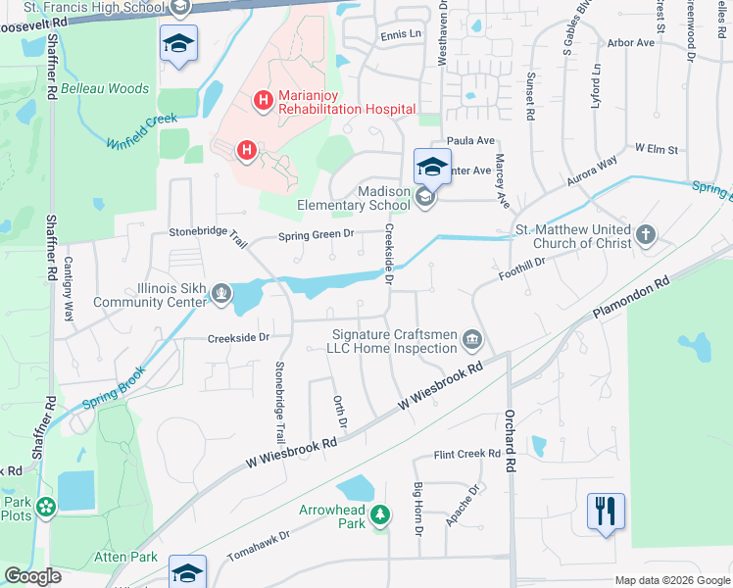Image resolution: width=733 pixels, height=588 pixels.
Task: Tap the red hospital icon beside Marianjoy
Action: click(263, 99)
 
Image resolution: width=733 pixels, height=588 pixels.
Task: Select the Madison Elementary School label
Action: click(355, 199)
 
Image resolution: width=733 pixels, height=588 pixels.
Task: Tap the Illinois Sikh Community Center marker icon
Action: click(222, 291)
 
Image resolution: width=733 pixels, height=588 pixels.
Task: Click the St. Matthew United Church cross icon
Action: click(645, 234)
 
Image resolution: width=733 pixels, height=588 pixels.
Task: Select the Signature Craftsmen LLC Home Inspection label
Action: click(394, 341)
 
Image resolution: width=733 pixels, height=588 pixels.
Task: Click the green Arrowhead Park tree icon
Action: click(381, 513)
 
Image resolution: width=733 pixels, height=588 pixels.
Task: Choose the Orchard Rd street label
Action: click(511, 427)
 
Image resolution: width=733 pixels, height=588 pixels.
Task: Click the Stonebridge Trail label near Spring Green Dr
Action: click(207, 231)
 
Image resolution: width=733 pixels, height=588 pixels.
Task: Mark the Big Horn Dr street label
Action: click(417, 509)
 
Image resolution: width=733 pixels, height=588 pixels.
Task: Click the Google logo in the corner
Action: click(32, 576)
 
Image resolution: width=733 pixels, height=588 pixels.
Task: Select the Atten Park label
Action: click(132, 557)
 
